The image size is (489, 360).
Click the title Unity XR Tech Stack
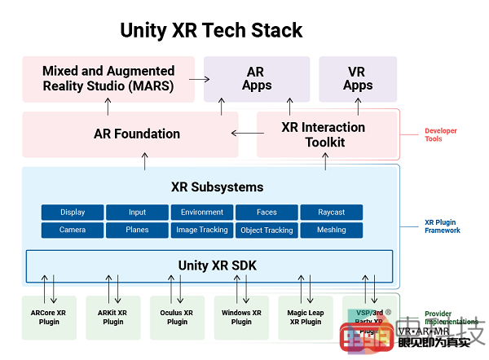(211, 31)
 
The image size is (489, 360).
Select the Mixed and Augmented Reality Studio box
(108, 79)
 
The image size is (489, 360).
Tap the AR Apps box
(256, 79)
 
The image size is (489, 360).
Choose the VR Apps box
(357, 79)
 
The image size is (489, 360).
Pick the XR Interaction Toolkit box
(324, 134)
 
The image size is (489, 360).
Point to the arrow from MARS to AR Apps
(199, 79)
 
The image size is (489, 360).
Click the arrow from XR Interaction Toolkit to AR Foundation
(244, 134)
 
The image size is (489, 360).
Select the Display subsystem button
(73, 213)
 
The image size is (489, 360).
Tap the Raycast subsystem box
(332, 213)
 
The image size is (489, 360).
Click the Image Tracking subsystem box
(202, 230)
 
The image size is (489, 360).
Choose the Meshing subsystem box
(332, 230)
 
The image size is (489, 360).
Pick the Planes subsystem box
(137, 230)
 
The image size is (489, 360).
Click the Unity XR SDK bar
(209, 266)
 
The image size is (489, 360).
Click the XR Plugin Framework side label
(442, 226)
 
